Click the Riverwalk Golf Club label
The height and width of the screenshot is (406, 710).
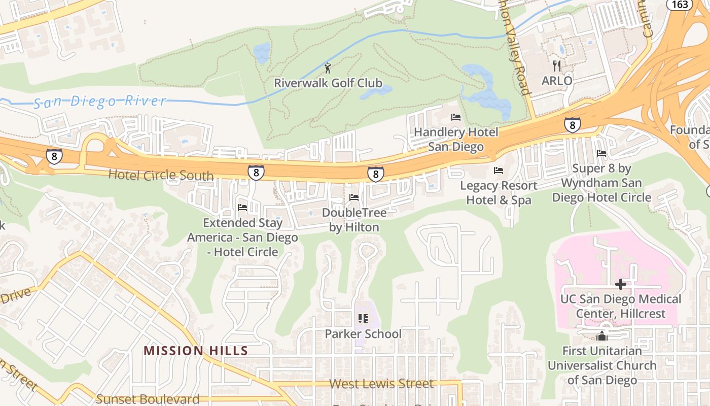(x=328, y=83)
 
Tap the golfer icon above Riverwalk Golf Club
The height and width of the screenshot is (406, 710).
(x=328, y=67)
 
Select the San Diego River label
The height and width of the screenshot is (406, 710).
(x=99, y=101)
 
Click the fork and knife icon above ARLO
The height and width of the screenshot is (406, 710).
(x=557, y=65)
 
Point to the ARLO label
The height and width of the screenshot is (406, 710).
(x=557, y=81)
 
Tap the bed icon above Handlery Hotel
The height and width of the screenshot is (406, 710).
(x=455, y=117)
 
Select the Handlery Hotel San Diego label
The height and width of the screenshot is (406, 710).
(x=455, y=140)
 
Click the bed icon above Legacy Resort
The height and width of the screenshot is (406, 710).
(x=499, y=171)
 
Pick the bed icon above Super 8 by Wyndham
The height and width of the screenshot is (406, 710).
(x=601, y=153)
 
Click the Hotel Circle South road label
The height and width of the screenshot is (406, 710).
(x=161, y=176)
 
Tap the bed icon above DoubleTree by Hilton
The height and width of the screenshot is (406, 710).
(x=354, y=197)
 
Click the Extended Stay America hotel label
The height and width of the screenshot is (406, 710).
(x=243, y=237)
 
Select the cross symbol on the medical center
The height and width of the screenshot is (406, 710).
(x=620, y=284)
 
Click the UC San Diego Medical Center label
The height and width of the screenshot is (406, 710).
(x=620, y=306)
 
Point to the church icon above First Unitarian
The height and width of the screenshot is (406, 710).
(x=602, y=335)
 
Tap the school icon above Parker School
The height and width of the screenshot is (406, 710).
(x=363, y=319)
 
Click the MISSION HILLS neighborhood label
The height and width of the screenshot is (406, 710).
(x=196, y=351)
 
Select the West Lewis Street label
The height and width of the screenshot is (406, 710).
(x=381, y=384)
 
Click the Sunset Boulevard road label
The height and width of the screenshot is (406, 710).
(x=148, y=399)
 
